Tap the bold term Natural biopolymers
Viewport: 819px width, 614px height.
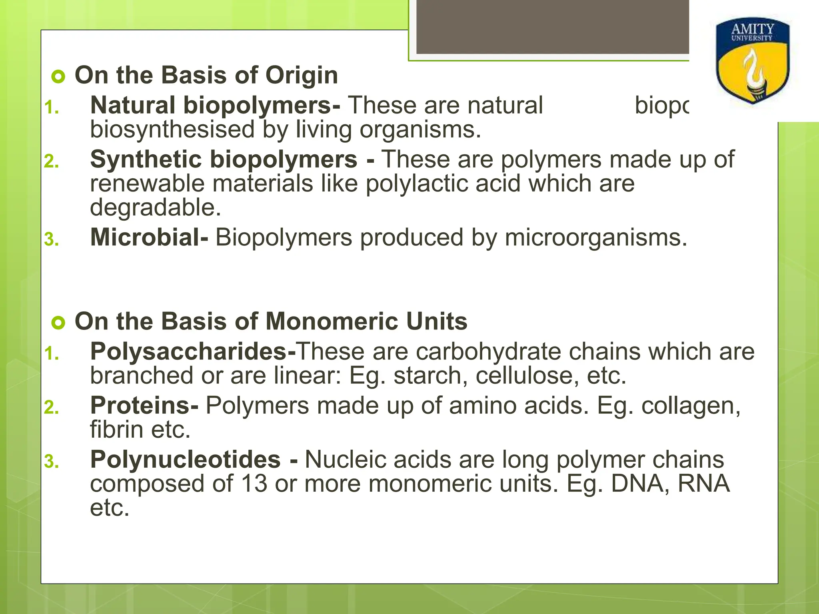coord(215,106)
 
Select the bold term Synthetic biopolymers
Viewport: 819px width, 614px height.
coord(224,159)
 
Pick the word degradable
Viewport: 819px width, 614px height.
coord(155,208)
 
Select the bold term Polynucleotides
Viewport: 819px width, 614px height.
coord(185,460)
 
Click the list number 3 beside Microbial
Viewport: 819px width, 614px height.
coord(52,239)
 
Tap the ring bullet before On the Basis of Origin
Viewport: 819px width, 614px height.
coord(58,76)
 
